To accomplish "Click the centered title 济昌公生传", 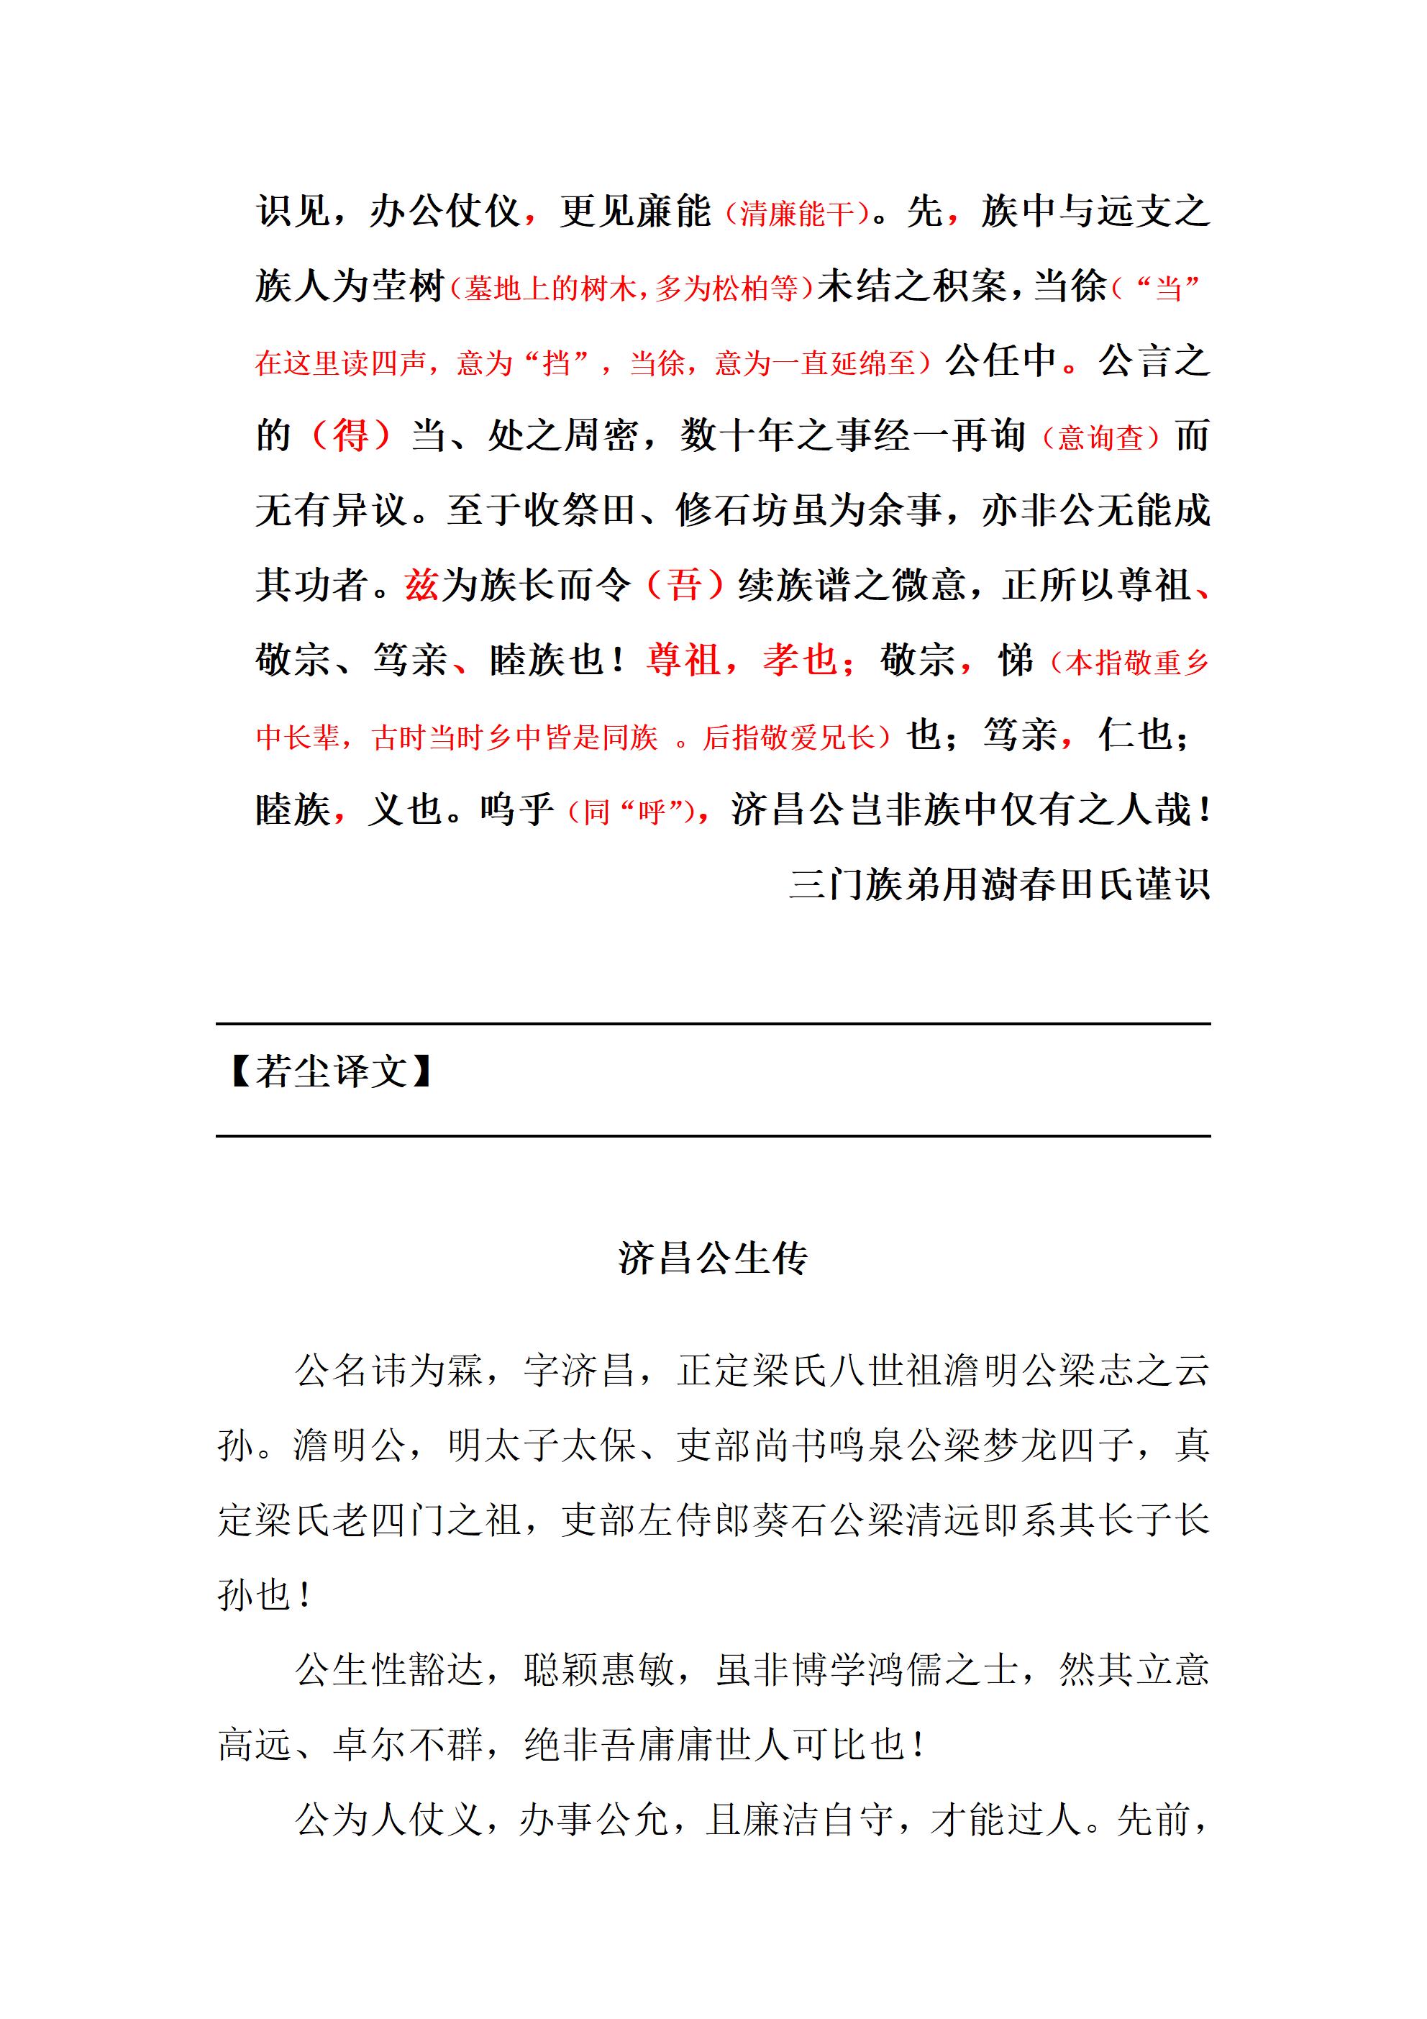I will pos(712,1258).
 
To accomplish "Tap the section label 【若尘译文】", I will pos(329,1072).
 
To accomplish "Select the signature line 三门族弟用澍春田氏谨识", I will pos(999,884).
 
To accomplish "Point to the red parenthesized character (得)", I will pos(350,435).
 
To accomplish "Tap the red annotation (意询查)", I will pos(1100,437).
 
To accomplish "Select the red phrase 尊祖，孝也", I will pos(742,660).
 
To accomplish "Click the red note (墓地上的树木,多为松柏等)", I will pos(632,288).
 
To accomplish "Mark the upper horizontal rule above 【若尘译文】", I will pos(712,1024).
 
